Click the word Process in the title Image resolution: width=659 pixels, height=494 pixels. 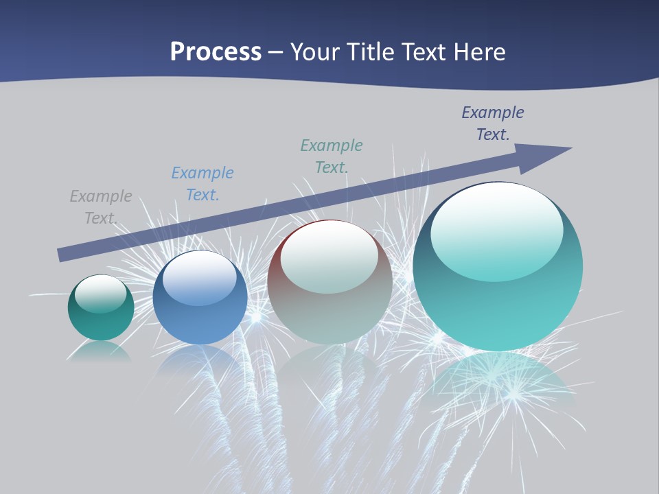click(216, 52)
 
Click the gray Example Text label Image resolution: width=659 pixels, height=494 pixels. click(101, 207)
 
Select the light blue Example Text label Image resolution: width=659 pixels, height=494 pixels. click(203, 184)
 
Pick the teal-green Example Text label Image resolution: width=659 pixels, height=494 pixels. click(332, 156)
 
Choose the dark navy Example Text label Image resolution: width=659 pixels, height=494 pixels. click(492, 123)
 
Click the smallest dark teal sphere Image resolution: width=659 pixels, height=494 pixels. click(101, 322)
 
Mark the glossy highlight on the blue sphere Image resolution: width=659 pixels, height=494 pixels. click(199, 277)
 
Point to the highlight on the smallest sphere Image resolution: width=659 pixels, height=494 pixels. click(101, 293)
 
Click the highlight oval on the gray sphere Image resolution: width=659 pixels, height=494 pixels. click(329, 255)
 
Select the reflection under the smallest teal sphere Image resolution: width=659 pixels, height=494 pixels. click(101, 351)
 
